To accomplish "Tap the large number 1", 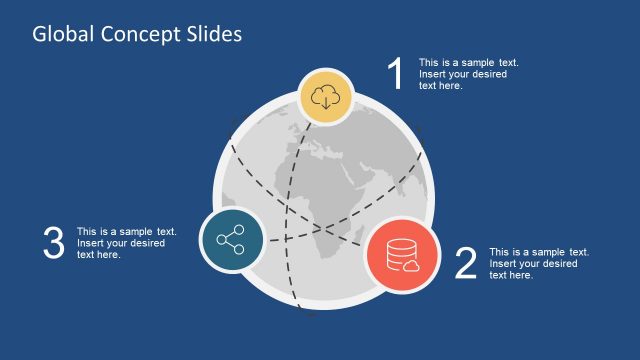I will tap(396, 75).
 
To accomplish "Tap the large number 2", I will tap(465, 264).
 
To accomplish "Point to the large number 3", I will tap(54, 244).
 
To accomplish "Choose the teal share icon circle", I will tap(232, 241).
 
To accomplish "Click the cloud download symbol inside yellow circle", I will tap(325, 97).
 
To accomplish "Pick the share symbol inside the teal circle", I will tap(232, 241).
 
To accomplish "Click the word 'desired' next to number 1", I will tap(489, 74).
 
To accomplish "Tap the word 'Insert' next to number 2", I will tap(502, 263).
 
